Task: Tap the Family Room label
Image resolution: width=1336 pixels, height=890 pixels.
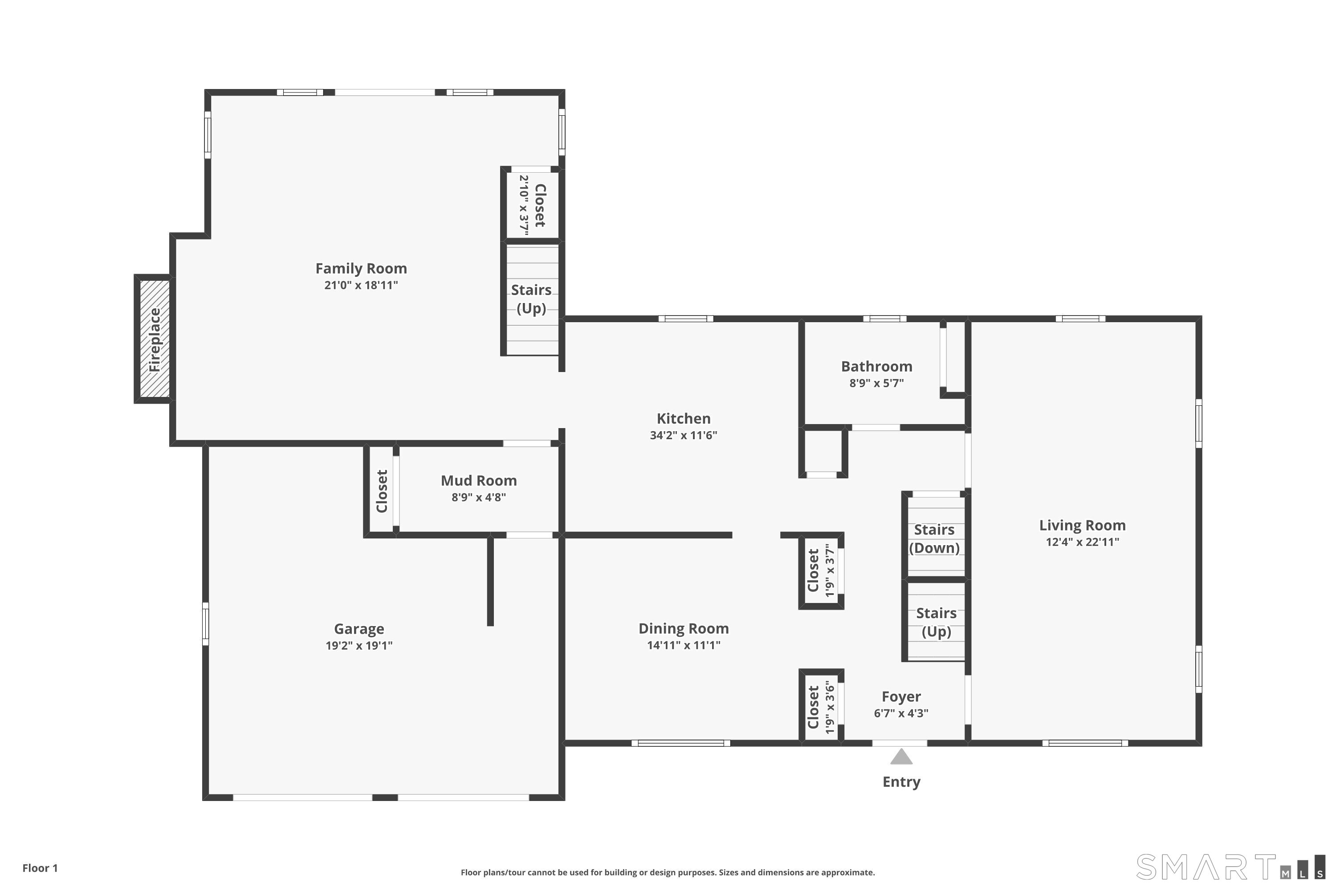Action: pyautogui.click(x=361, y=268)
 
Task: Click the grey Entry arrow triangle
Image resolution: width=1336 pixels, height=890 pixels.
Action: pyautogui.click(x=901, y=757)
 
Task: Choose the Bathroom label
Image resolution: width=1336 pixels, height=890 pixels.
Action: pyautogui.click(x=876, y=367)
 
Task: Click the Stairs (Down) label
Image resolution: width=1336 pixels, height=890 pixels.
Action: pyautogui.click(x=934, y=538)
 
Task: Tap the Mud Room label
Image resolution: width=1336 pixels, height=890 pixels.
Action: pyautogui.click(x=478, y=481)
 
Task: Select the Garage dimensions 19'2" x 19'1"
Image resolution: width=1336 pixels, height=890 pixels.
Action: pyautogui.click(x=358, y=645)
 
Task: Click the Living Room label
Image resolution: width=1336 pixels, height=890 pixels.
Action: pyautogui.click(x=1082, y=526)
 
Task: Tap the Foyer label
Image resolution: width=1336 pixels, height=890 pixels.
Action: pyautogui.click(x=901, y=696)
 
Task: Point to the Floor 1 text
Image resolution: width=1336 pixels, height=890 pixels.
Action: pyautogui.click(x=40, y=868)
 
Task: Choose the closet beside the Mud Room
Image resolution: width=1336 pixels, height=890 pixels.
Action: pyautogui.click(x=381, y=491)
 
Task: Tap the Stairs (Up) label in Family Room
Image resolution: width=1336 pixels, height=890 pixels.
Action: pyautogui.click(x=531, y=299)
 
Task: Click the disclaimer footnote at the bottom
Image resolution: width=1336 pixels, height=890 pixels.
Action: pyautogui.click(x=668, y=872)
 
